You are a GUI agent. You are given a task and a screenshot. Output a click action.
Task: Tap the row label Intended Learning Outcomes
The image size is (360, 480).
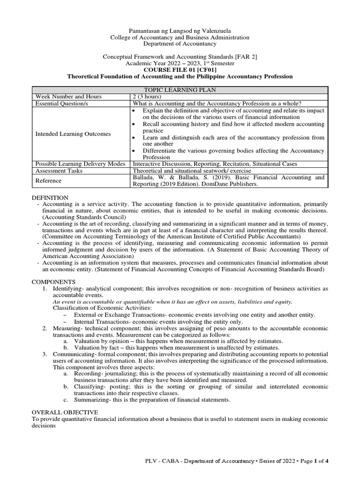tap(73, 134)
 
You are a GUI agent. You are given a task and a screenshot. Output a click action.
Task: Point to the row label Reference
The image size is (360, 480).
tap(49, 181)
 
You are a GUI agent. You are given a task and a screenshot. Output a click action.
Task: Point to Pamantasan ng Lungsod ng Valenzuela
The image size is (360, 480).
tap(180, 30)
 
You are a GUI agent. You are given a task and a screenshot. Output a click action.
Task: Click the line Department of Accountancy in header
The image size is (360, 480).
tap(180, 44)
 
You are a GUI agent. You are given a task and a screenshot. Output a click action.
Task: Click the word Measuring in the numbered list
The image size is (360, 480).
tap(67, 328)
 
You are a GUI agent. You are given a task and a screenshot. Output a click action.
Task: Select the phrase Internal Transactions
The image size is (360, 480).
tap(99, 322)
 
